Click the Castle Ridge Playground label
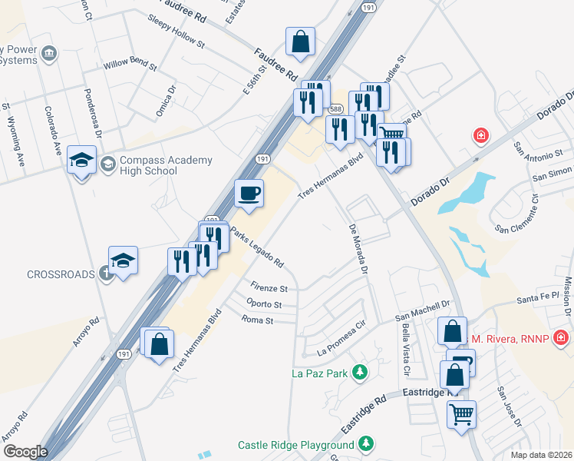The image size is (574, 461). click(x=295, y=445)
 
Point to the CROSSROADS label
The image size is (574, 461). click(x=60, y=274)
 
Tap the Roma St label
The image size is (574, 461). click(x=257, y=319)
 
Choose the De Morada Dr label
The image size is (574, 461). click(x=359, y=250)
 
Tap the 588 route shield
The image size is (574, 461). click(x=335, y=111)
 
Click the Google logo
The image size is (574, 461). click(x=25, y=451)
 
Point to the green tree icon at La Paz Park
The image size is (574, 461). click(x=358, y=373)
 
